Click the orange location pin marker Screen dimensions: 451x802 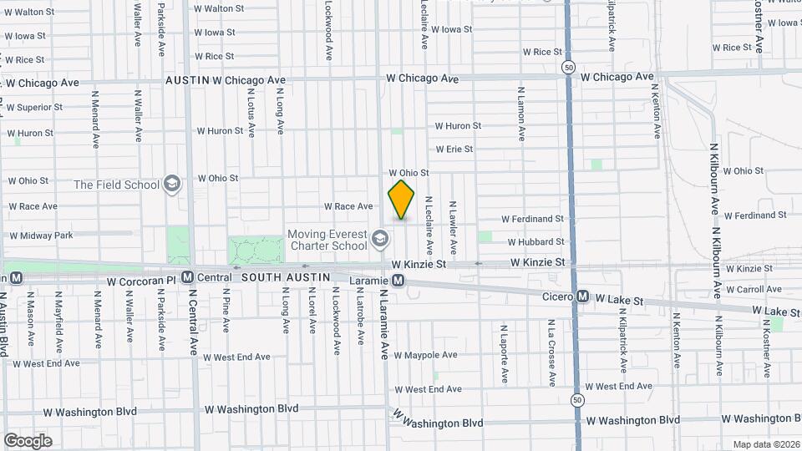click(402, 200)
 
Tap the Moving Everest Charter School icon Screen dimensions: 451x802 click(380, 241)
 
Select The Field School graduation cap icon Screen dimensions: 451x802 click(172, 184)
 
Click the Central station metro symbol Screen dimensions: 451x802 click(187, 277)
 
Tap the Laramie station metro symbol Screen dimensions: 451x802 click(399, 281)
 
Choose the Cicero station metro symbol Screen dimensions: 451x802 click(583, 296)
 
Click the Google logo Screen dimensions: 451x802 click(28, 440)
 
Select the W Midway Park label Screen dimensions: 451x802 click(41, 236)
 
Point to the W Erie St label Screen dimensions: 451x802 click(454, 149)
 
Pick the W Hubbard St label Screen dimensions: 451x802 click(536, 242)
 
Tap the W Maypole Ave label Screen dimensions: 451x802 click(425, 355)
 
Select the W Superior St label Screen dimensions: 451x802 click(34, 107)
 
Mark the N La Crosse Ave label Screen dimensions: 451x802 click(552, 352)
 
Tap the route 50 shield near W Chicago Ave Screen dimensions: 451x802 click(569, 66)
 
